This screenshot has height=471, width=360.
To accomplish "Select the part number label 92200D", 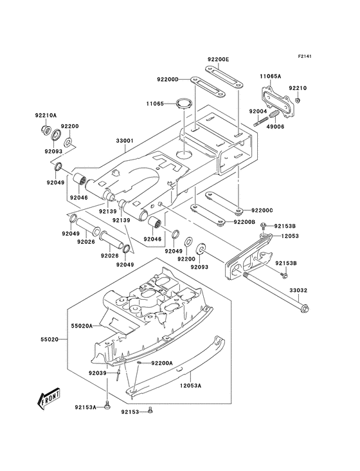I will click(166, 80).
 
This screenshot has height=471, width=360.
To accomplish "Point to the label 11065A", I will click(271, 76).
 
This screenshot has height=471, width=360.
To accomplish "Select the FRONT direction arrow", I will click(46, 400).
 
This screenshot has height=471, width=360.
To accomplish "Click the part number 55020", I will click(50, 338).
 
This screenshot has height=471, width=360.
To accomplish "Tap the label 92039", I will click(98, 373).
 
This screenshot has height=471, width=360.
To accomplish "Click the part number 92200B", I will click(246, 222).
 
